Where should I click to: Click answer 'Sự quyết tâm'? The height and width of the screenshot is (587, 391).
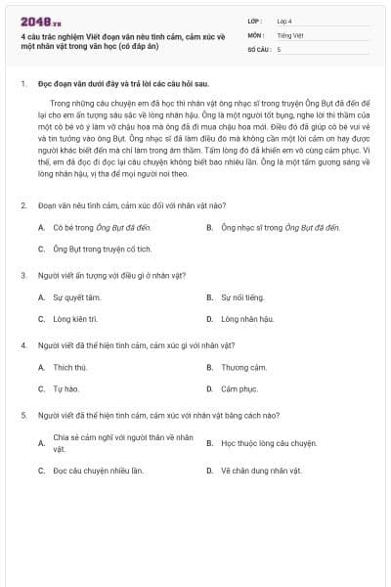point(77,296)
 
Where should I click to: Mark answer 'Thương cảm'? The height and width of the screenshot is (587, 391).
point(243,367)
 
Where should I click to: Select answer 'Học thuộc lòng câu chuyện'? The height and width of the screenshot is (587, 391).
point(269,442)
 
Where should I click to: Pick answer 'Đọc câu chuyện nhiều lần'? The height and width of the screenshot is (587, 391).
point(98,470)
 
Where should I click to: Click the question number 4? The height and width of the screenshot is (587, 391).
point(23,345)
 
